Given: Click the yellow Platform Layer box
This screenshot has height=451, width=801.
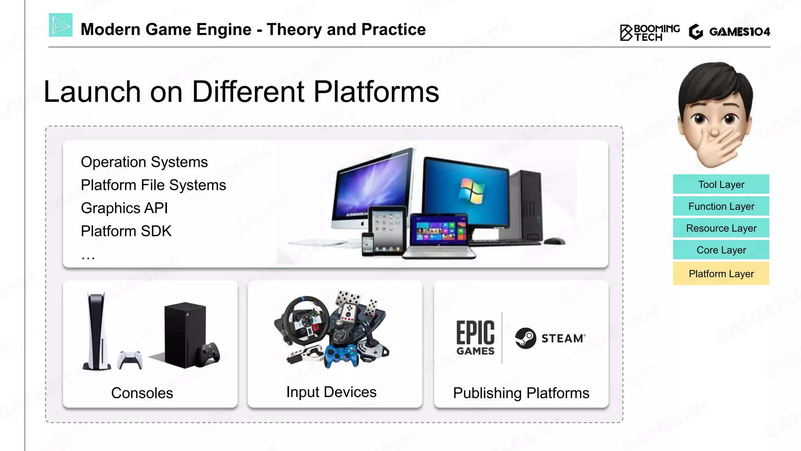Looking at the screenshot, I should click(x=721, y=274).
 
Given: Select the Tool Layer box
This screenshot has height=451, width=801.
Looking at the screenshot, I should click(x=721, y=184).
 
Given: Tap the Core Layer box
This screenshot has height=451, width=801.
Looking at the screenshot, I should click(x=721, y=250).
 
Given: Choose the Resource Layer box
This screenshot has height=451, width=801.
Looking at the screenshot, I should click(x=721, y=228).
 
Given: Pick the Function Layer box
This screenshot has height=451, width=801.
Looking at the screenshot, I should click(x=721, y=206).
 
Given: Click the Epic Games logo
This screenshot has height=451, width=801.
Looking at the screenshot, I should click(x=475, y=338).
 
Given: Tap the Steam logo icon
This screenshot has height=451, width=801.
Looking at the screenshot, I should click(x=525, y=338).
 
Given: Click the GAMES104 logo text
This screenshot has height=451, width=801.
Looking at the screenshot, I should click(x=739, y=32).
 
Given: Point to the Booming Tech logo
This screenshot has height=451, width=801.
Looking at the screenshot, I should click(x=650, y=32).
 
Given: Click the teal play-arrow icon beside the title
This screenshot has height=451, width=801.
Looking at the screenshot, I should click(x=61, y=25).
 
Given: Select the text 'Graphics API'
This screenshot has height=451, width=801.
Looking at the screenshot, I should click(x=124, y=208).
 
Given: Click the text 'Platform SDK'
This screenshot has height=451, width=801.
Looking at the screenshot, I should click(x=126, y=231).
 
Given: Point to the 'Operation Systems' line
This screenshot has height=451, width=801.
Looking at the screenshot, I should click(x=144, y=162).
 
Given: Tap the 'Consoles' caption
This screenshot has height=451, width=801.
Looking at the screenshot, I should click(x=142, y=393).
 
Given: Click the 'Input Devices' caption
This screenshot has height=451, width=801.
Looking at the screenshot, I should click(x=331, y=392).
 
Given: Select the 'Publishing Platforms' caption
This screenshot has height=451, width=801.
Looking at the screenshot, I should click(x=521, y=393).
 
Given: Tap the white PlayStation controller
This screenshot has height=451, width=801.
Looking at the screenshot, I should click(x=130, y=359).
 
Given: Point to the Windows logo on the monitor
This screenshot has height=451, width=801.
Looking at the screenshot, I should click(x=472, y=191).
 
